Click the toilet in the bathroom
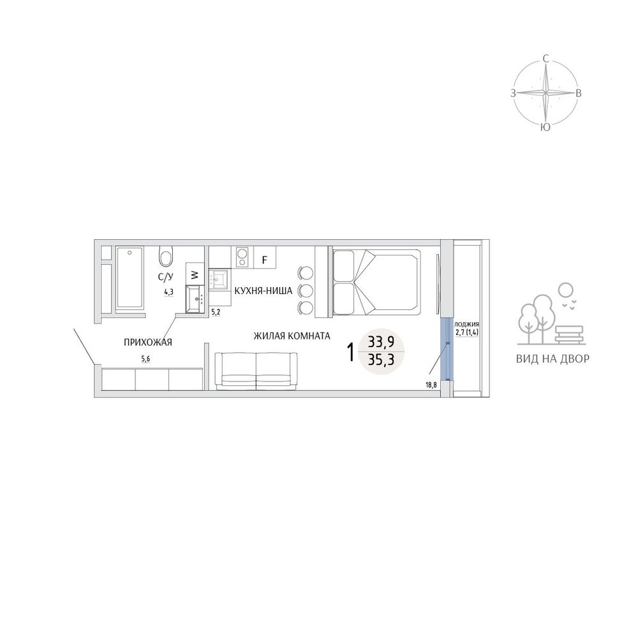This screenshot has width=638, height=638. pyautogui.click(x=166, y=256)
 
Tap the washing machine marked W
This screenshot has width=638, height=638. pyautogui.click(x=195, y=274)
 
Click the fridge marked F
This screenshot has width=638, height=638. pyautogui.click(x=265, y=259)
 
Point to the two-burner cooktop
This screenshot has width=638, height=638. pyautogui.click(x=242, y=257)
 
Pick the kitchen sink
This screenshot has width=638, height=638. pyautogui.click(x=220, y=279)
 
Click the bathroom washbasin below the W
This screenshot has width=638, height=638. pyautogui.click(x=195, y=299)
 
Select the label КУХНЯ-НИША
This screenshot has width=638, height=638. pyautogui.click(x=263, y=291)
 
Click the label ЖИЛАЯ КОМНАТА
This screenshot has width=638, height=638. pyautogui.click(x=292, y=336)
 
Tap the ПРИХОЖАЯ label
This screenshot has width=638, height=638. pyautogui.click(x=148, y=343)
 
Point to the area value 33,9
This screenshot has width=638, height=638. pyautogui.click(x=381, y=342)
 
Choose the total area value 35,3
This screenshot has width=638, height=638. pyautogui.click(x=381, y=359)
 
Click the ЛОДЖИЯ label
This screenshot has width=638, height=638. pyautogui.click(x=466, y=324)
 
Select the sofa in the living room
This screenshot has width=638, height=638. pyautogui.click(x=256, y=371)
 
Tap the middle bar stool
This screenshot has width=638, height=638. pyautogui.click(x=306, y=290)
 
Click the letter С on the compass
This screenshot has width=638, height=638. pyautogui.click(x=546, y=59)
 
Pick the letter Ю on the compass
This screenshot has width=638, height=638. pyautogui.click(x=545, y=128)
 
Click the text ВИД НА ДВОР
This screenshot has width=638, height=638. pyautogui.click(x=553, y=359)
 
